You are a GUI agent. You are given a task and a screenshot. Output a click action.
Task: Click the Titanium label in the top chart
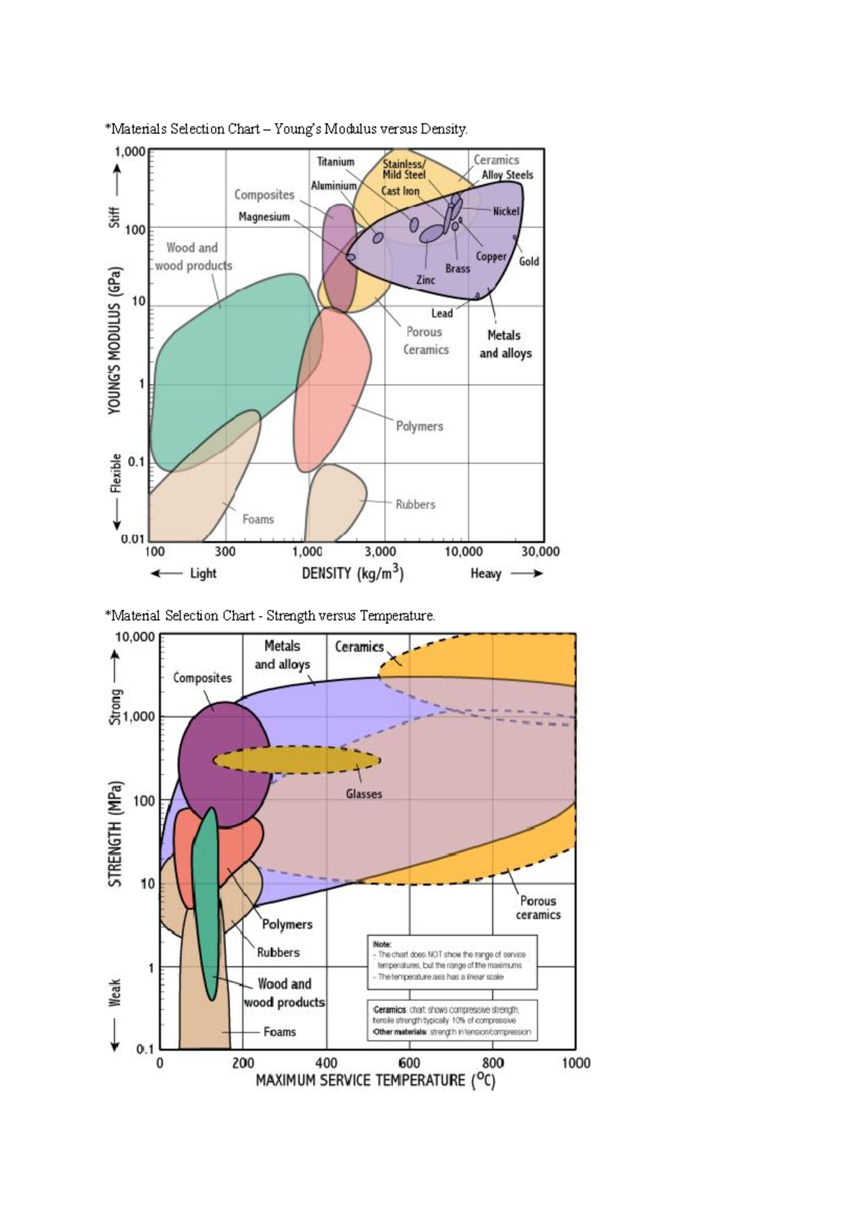(335, 162)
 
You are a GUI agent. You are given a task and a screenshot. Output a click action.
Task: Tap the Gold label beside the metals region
(529, 262)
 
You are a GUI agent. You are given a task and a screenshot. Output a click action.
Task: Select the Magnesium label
(264, 217)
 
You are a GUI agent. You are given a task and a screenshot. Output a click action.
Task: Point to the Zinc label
(426, 280)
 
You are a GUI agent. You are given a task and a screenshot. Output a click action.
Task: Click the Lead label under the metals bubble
(442, 314)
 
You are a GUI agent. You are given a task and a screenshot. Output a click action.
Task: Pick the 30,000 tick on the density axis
(540, 552)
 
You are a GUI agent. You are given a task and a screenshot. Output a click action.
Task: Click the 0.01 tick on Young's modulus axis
(132, 539)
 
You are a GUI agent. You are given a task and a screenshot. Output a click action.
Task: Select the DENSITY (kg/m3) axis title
(352, 573)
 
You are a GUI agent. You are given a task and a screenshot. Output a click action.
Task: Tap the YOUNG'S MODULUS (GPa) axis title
(115, 341)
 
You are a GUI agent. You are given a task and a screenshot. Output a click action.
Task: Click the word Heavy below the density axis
(485, 573)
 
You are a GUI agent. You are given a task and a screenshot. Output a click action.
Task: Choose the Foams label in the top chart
(258, 519)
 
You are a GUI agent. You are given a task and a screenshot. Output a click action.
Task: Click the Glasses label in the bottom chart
(364, 794)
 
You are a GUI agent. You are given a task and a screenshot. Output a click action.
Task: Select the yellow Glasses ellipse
(296, 759)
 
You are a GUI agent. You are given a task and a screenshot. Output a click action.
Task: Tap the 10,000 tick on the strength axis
(134, 636)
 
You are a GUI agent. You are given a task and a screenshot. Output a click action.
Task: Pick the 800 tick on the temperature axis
(493, 1063)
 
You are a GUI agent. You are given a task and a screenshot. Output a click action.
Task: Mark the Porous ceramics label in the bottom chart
(538, 907)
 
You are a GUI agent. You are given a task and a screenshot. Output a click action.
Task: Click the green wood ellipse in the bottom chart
(206, 899)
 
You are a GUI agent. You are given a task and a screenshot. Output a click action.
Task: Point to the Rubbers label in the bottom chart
(278, 952)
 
